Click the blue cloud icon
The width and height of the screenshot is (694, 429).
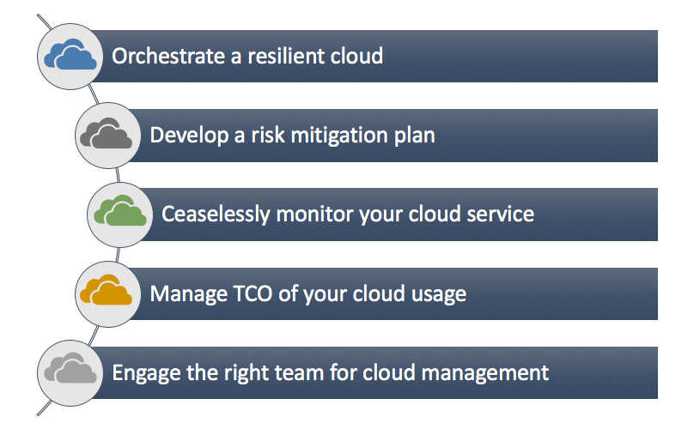coord(69,56)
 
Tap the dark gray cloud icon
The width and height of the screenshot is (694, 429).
coord(107,135)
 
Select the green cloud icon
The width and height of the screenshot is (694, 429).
coord(119,214)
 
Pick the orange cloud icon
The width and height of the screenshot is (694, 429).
coord(107,293)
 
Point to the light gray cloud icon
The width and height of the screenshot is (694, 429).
coord(69,372)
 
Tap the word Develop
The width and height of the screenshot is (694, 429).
coord(186,136)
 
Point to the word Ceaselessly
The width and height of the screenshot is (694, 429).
coord(216,214)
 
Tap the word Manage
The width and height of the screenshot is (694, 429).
coord(183,294)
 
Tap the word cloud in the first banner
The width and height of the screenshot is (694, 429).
coord(356,57)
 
